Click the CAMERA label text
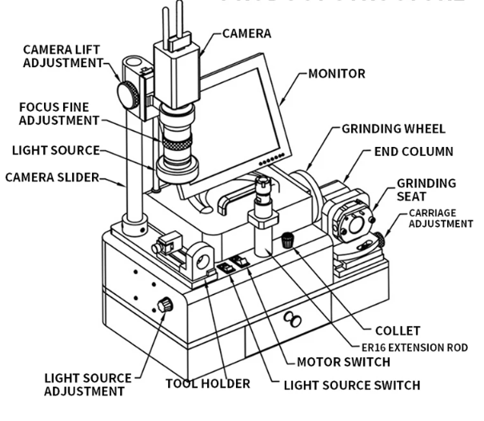(246, 34)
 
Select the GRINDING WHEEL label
(393, 128)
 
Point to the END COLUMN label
(414, 151)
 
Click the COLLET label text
(397, 330)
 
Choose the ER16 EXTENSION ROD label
(414, 348)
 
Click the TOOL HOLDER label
(208, 383)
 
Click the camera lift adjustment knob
(127, 93)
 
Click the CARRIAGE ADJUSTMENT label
(441, 218)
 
